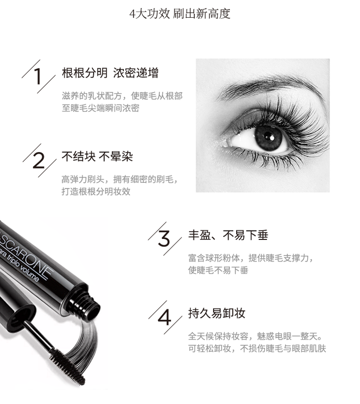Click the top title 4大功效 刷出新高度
tap(180, 14)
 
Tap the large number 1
tap(38, 76)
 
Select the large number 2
tap(39, 160)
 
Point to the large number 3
tap(164, 239)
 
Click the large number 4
tap(165, 317)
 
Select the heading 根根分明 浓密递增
tap(110, 73)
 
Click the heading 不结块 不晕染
tap(97, 156)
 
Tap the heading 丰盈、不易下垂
tap(228, 235)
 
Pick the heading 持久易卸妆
tap(216, 313)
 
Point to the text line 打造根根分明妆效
tap(96, 192)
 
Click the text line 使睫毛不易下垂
tap(218, 270)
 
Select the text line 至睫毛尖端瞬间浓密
tap(101, 108)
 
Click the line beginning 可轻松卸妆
tap(257, 349)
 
